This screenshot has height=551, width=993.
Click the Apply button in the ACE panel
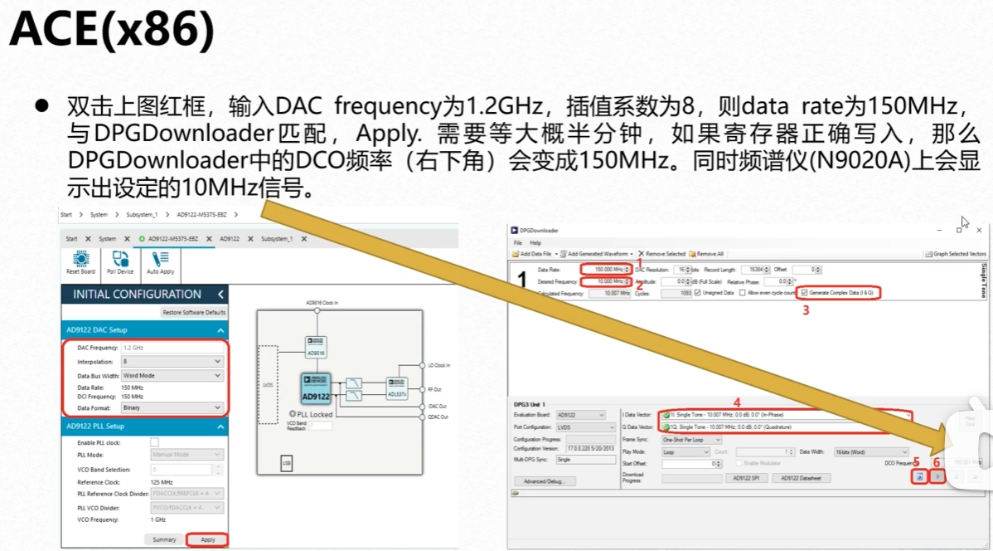207,539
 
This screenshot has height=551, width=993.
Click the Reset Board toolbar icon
80,262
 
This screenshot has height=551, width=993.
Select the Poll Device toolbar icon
120,262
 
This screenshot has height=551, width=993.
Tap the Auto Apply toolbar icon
160,262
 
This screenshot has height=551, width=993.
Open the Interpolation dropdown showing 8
172,361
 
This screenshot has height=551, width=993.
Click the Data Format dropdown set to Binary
172,407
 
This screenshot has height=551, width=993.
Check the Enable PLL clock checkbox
154,442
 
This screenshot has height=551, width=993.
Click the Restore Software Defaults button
194,312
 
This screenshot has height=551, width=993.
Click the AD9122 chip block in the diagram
316,388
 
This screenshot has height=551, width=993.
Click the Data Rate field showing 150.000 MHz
604,270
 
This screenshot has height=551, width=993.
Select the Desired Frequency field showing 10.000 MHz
604,282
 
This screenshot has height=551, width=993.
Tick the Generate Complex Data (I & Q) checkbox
804,293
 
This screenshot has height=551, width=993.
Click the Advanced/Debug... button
544,481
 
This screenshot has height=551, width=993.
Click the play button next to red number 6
937,476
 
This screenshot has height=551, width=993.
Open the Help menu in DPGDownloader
535,242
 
